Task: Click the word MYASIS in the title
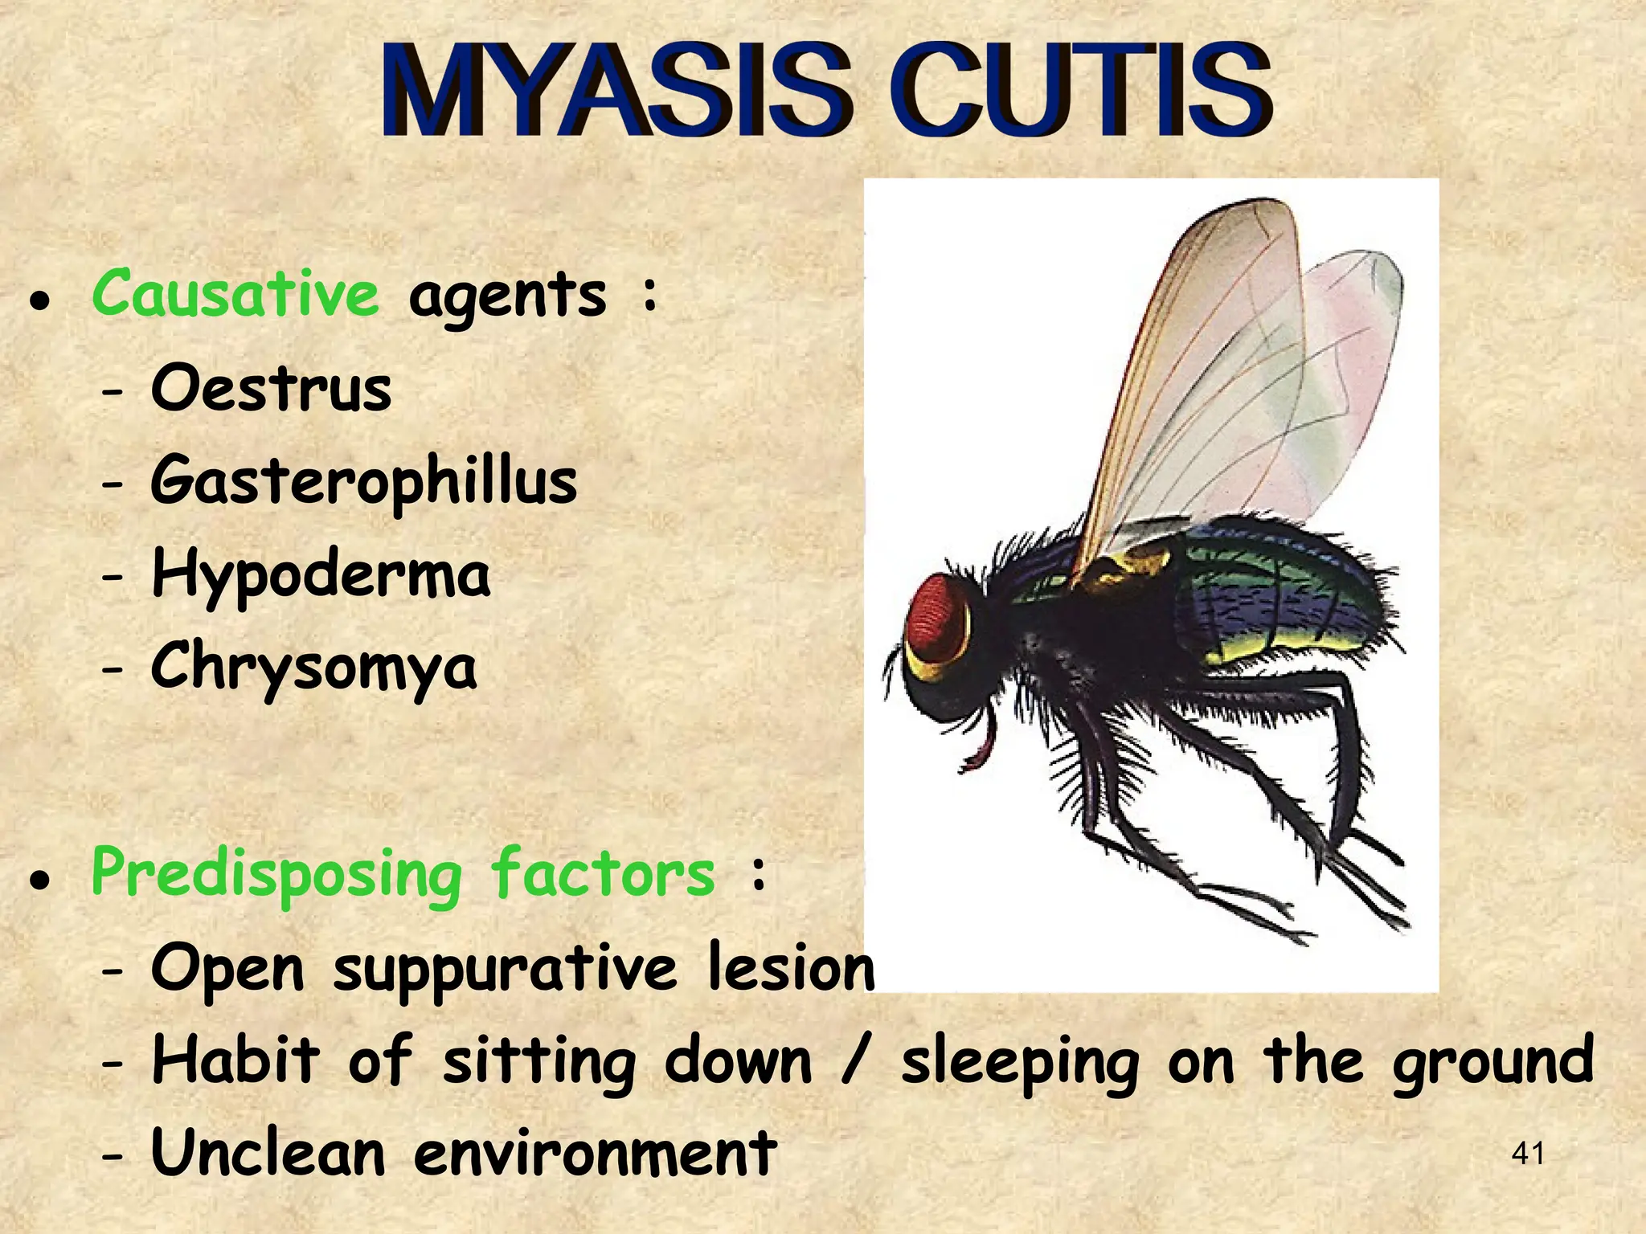615,91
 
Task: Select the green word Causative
235,294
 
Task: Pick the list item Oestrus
271,389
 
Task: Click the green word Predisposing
276,875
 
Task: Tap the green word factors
603,873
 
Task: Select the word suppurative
505,970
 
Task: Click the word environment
595,1154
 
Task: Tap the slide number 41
1528,1154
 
